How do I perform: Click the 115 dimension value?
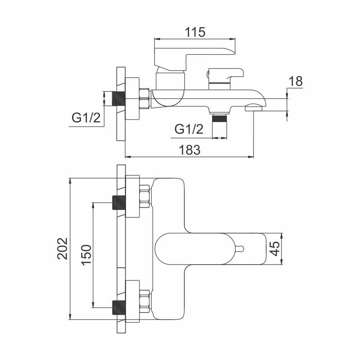pyautogui.click(x=195, y=32)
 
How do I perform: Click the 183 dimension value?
pyautogui.click(x=190, y=150)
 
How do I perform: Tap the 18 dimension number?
pyautogui.click(x=295, y=81)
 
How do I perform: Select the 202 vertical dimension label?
pyautogui.click(x=63, y=248)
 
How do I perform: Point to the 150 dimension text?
pyautogui.click(x=86, y=255)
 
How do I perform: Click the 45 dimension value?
pyautogui.click(x=275, y=249)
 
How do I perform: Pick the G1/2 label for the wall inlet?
pyautogui.click(x=86, y=118)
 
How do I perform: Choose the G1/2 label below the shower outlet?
pyautogui.click(x=189, y=129)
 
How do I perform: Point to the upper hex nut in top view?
pyautogui.click(x=144, y=197)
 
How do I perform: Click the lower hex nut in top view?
pyautogui.click(x=144, y=301)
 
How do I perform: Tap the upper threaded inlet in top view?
pyautogui.click(x=118, y=202)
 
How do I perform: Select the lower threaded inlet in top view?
pyautogui.click(x=118, y=307)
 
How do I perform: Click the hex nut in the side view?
pyautogui.click(x=144, y=99)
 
